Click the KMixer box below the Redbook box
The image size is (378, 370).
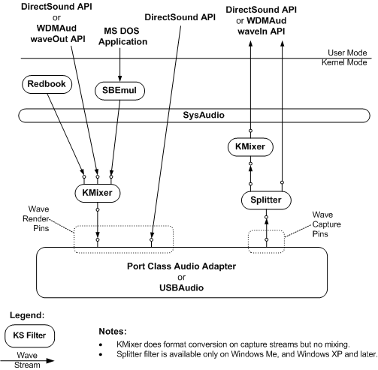click(x=97, y=193)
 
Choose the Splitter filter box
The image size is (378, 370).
click(x=265, y=201)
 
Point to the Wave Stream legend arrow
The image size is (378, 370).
click(x=27, y=359)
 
